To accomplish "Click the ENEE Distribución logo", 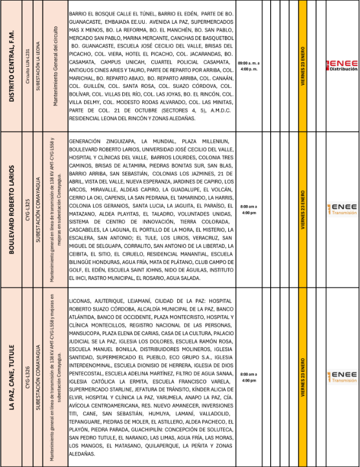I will (x=341, y=65).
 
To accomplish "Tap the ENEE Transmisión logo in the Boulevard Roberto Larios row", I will (x=341, y=209).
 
